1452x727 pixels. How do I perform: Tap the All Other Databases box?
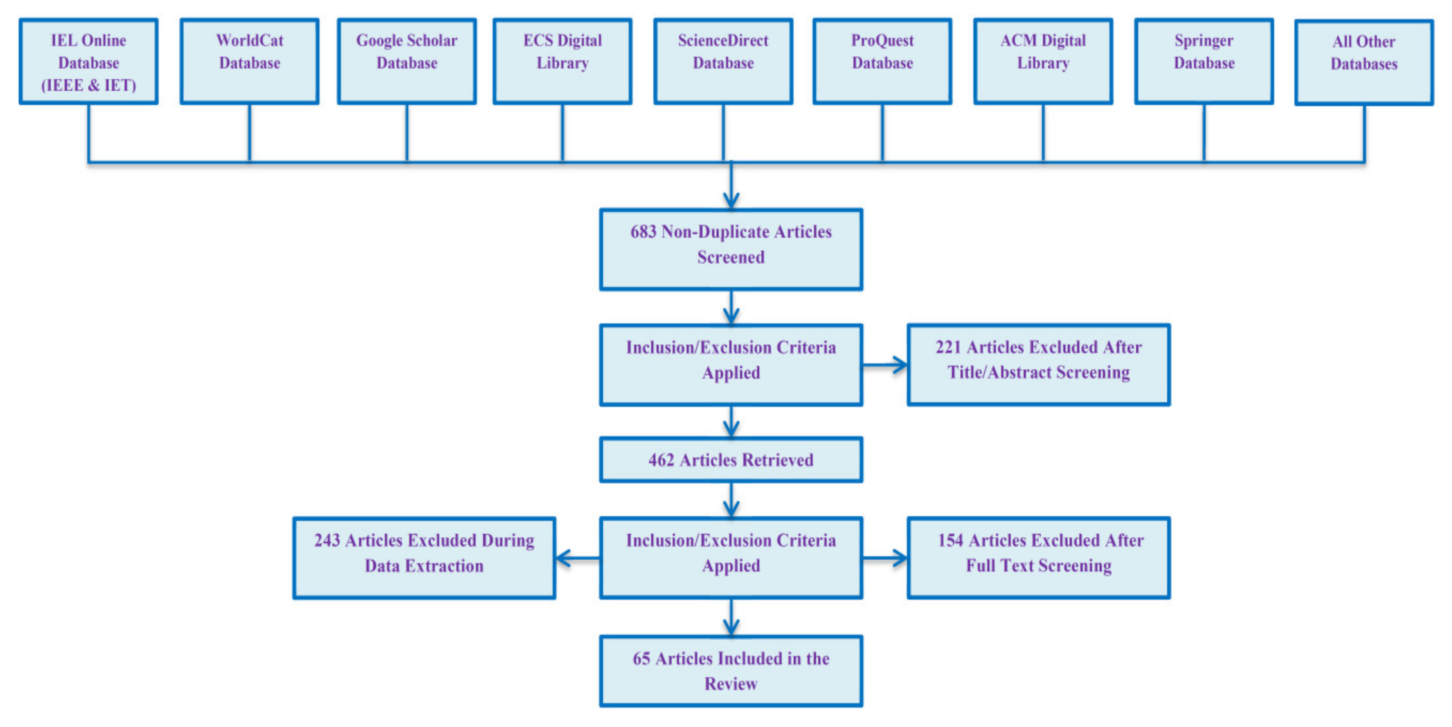1364,63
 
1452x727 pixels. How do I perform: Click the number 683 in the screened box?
643,232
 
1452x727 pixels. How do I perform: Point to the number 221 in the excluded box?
948,347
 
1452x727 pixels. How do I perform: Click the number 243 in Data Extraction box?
327,540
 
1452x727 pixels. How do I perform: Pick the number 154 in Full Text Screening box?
950,540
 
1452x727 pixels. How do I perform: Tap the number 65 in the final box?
641,658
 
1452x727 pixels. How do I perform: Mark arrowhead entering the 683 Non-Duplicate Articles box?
731,201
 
